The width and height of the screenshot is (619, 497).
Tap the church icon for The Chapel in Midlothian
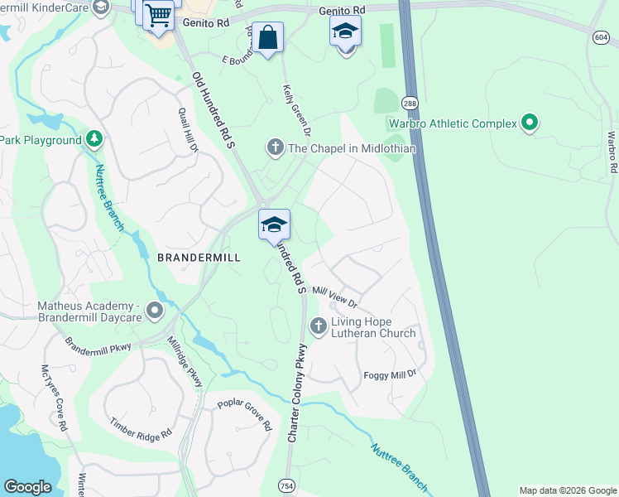pos(275,148)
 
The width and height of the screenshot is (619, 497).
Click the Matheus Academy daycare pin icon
pos(154,311)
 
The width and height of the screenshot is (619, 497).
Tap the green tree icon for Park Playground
pos(94,139)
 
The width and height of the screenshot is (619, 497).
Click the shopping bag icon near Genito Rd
pos(267,38)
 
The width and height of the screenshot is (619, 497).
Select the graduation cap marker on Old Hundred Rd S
pos(274,224)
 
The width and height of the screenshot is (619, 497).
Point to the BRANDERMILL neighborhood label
pos(199,258)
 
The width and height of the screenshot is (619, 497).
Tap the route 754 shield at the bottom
pos(286,485)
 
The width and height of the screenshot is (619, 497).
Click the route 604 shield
pos(601,37)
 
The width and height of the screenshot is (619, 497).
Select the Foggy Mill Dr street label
pos(389,375)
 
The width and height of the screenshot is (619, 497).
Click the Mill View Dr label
pos(334,297)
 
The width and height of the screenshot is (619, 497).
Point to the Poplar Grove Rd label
pos(244,415)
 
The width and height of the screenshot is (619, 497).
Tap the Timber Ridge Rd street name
pos(141,428)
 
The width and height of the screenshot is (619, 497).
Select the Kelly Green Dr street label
pos(296,110)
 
